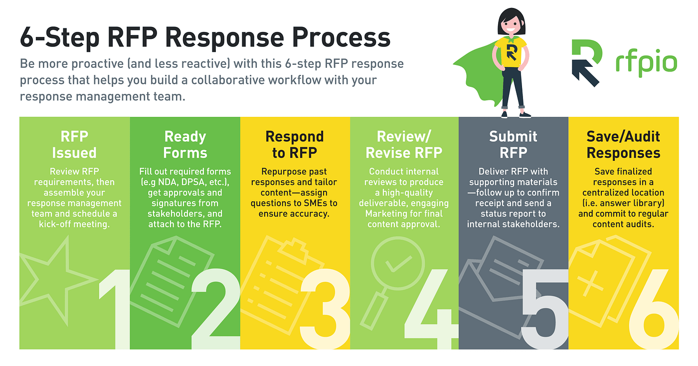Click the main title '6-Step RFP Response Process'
tap(204, 38)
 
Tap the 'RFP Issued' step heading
tap(74, 144)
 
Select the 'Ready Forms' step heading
tap(185, 144)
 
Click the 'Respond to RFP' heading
tap(295, 144)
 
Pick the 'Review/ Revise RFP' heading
tap(404, 144)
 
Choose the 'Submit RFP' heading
tap(513, 144)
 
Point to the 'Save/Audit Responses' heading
tap(623, 144)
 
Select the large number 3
tap(324, 310)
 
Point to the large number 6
tap(653, 310)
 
